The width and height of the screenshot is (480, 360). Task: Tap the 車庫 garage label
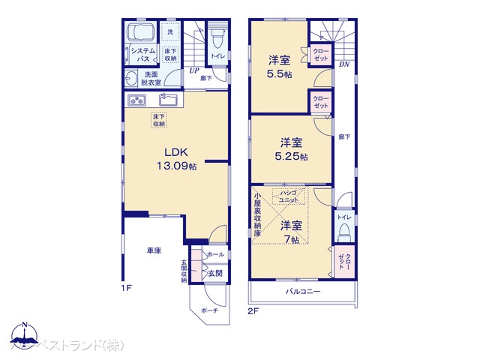(x=154, y=250)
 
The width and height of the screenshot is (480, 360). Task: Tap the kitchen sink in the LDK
(x=169, y=100)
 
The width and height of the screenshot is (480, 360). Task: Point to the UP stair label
(x=193, y=71)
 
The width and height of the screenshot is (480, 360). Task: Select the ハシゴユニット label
(x=289, y=196)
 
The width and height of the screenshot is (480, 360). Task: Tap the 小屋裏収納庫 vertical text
(x=257, y=215)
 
